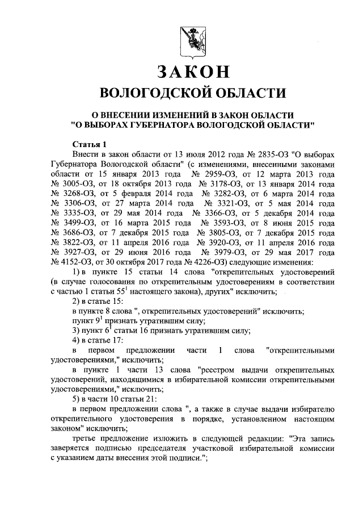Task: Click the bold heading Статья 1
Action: [x=89, y=143]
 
